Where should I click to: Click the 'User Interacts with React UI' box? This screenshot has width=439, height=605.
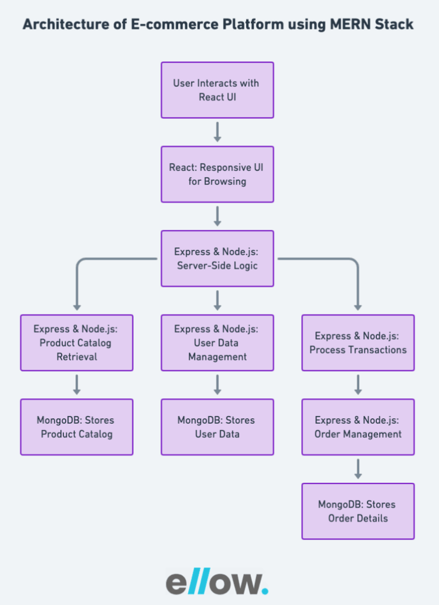tap(217, 90)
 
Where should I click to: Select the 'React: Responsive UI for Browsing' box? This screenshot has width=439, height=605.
tap(217, 174)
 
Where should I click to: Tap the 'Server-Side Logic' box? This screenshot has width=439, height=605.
tap(217, 258)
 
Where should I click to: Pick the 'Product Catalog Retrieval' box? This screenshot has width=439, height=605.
tap(76, 343)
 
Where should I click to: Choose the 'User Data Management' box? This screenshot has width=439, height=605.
tap(217, 343)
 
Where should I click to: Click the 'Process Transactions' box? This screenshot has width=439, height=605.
tap(358, 343)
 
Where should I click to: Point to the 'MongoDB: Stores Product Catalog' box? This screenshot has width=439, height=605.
tap(76, 427)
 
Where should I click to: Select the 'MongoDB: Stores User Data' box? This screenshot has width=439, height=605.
tap(217, 427)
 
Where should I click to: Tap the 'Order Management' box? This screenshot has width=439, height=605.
tap(358, 427)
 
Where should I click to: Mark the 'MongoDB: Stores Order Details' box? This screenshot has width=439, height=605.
tap(358, 511)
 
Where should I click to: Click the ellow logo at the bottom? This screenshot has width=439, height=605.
tap(217, 582)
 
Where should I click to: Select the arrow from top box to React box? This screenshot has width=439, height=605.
tap(217, 132)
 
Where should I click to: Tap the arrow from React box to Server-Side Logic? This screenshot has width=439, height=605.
tap(217, 216)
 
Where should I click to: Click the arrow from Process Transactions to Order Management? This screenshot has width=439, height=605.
tap(358, 385)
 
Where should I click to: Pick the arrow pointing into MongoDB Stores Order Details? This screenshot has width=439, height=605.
tap(358, 469)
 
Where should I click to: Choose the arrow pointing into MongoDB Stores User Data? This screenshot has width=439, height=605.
tap(217, 385)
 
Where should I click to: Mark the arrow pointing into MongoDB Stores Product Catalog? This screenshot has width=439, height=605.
tap(76, 385)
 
